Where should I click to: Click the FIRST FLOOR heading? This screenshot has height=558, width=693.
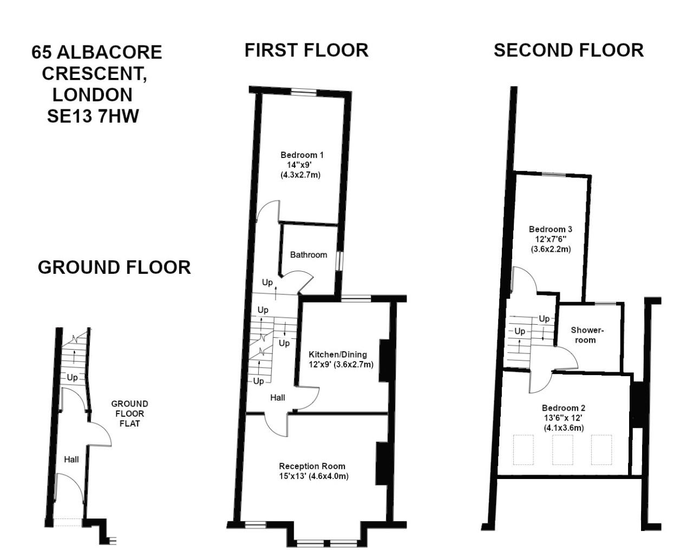[306, 50]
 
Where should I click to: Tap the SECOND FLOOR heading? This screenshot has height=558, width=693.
[568, 50]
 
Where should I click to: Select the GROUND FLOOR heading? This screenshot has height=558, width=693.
[114, 267]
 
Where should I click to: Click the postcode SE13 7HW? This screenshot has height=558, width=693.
[93, 116]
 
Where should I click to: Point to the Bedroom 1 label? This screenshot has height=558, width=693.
[302, 155]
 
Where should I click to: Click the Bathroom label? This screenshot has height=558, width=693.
[309, 255]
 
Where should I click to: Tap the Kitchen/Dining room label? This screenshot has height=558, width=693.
[338, 355]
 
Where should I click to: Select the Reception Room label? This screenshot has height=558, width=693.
[312, 466]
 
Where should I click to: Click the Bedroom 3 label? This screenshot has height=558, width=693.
[551, 229]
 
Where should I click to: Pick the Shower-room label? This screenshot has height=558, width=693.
[587, 335]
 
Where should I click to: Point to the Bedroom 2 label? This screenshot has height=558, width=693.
[564, 408]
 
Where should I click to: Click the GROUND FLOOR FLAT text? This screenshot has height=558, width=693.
[130, 413]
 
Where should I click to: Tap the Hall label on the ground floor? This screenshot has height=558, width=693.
[71, 459]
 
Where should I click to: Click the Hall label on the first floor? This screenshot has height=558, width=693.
[278, 398]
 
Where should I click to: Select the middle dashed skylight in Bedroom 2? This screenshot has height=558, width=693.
[563, 450]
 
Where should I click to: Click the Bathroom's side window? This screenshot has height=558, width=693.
[339, 260]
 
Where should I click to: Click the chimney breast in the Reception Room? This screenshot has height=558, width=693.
[382, 463]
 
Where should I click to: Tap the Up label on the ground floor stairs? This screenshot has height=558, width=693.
[72, 377]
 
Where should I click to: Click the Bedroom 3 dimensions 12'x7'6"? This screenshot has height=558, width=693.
[551, 239]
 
